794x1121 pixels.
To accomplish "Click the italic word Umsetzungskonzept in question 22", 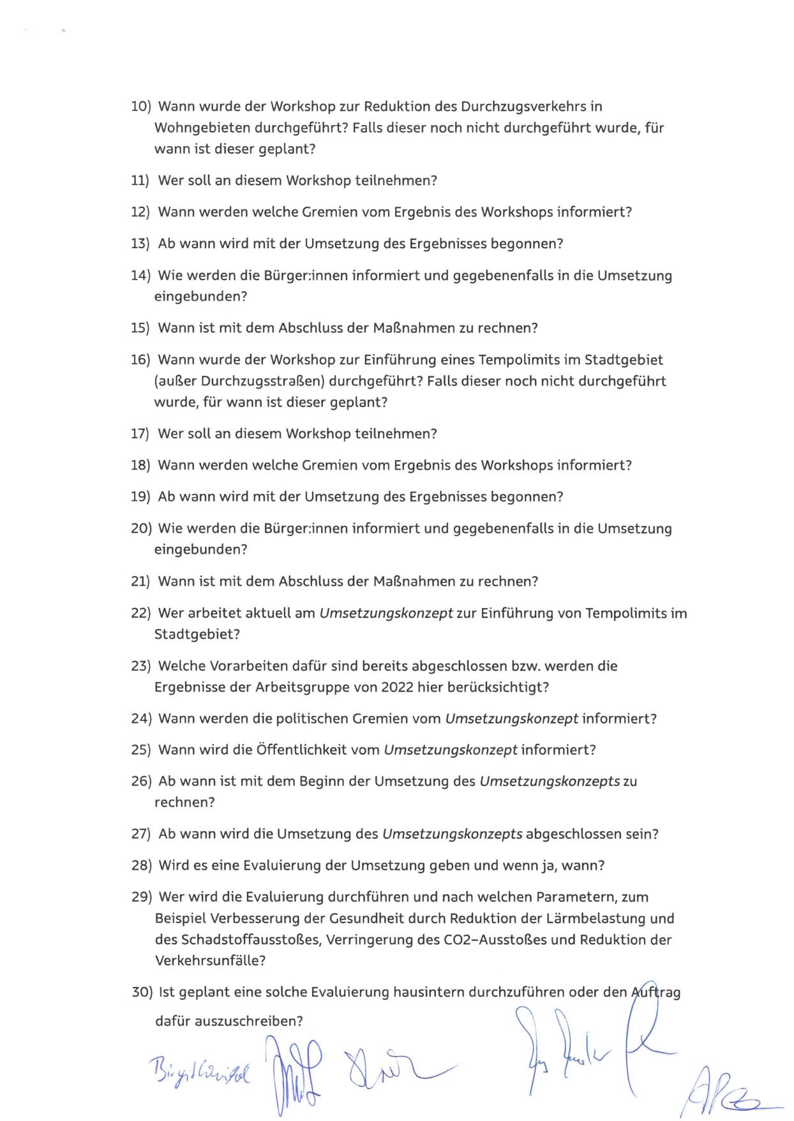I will (x=386, y=613).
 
